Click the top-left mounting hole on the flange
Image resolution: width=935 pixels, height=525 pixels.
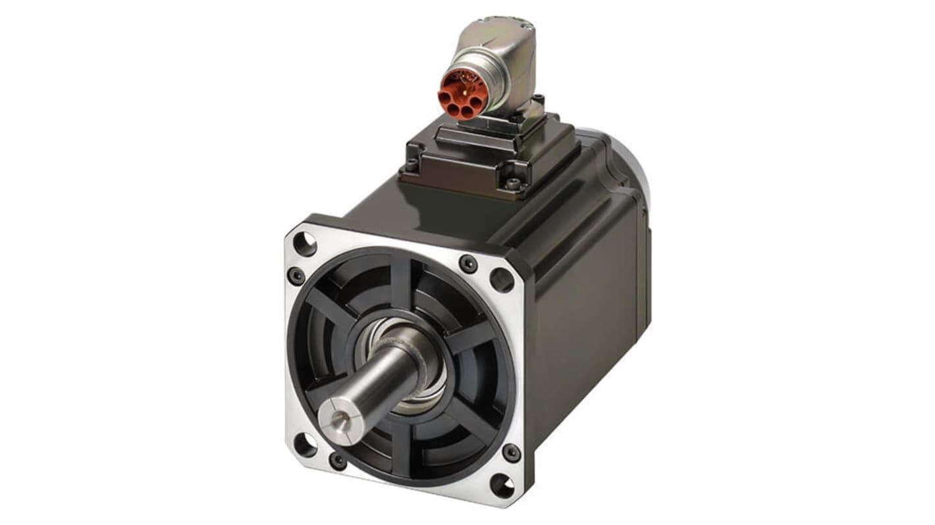click(x=304, y=244)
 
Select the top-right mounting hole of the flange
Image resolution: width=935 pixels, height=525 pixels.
click(x=502, y=280)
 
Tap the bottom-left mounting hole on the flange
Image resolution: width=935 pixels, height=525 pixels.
click(x=304, y=445)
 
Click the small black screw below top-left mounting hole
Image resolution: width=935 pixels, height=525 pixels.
click(x=296, y=275)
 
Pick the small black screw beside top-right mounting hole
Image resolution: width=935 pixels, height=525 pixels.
click(x=468, y=263)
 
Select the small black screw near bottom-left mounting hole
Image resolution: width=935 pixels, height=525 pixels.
click(x=338, y=460)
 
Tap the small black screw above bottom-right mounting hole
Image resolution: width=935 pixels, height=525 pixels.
click(x=511, y=453)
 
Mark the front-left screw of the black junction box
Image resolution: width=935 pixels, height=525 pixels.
click(x=412, y=164)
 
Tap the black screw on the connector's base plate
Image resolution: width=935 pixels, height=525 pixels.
click(x=538, y=101)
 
